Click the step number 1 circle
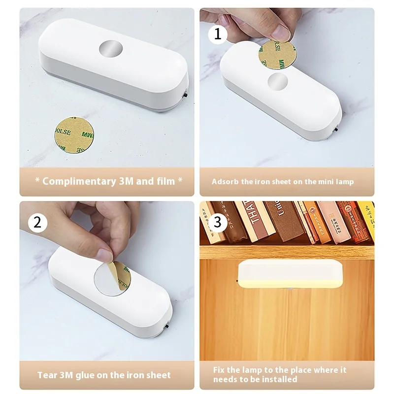click(x=217, y=34)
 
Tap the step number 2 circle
click(x=37, y=223)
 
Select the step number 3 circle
click(x=217, y=222)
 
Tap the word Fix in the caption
click(x=220, y=370)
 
